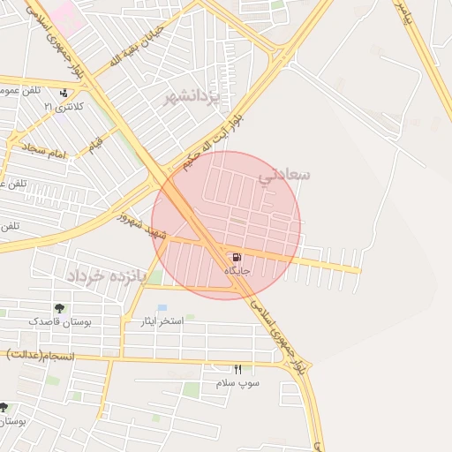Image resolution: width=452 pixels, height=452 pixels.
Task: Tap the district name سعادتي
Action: [x=284, y=175]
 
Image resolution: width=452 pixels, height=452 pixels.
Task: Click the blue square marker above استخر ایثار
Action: [x=162, y=307]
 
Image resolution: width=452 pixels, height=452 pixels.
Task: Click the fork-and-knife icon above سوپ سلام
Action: [x=237, y=369]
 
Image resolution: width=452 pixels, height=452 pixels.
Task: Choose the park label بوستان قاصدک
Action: [x=58, y=321]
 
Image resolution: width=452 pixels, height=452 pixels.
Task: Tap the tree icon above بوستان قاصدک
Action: [x=59, y=308]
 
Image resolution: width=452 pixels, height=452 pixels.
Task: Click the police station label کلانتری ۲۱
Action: [x=64, y=106]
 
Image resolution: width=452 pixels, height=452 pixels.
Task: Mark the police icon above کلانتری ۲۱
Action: [x=64, y=93]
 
